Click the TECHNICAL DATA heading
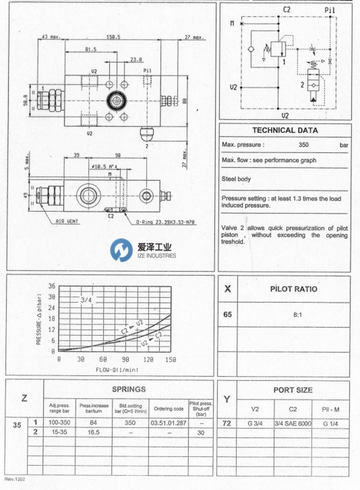(x=285, y=130)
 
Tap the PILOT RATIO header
(x=294, y=289)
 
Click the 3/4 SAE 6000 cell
(x=293, y=423)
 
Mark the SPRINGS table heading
(x=127, y=390)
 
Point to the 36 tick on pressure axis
(x=52, y=285)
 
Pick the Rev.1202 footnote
(x=16, y=479)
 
